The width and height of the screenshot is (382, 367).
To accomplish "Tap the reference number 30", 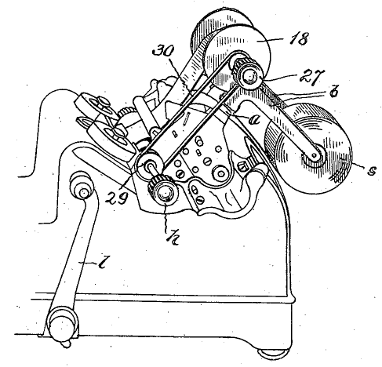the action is (163, 50).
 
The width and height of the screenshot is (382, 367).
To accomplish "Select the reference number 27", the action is (312, 76).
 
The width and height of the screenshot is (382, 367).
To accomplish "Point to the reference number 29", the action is (116, 198).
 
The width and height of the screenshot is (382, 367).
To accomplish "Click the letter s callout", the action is (372, 170).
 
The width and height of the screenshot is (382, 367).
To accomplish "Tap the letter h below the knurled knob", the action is (173, 238).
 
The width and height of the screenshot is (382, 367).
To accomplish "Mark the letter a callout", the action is (254, 120).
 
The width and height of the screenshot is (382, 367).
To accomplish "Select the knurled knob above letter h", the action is (163, 191).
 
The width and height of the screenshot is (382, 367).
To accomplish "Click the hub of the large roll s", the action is (314, 156).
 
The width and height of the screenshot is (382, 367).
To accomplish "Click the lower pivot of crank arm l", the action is (62, 323).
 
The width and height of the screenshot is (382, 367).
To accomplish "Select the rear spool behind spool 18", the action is (220, 28).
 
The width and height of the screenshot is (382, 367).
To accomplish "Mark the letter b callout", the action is (333, 92).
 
